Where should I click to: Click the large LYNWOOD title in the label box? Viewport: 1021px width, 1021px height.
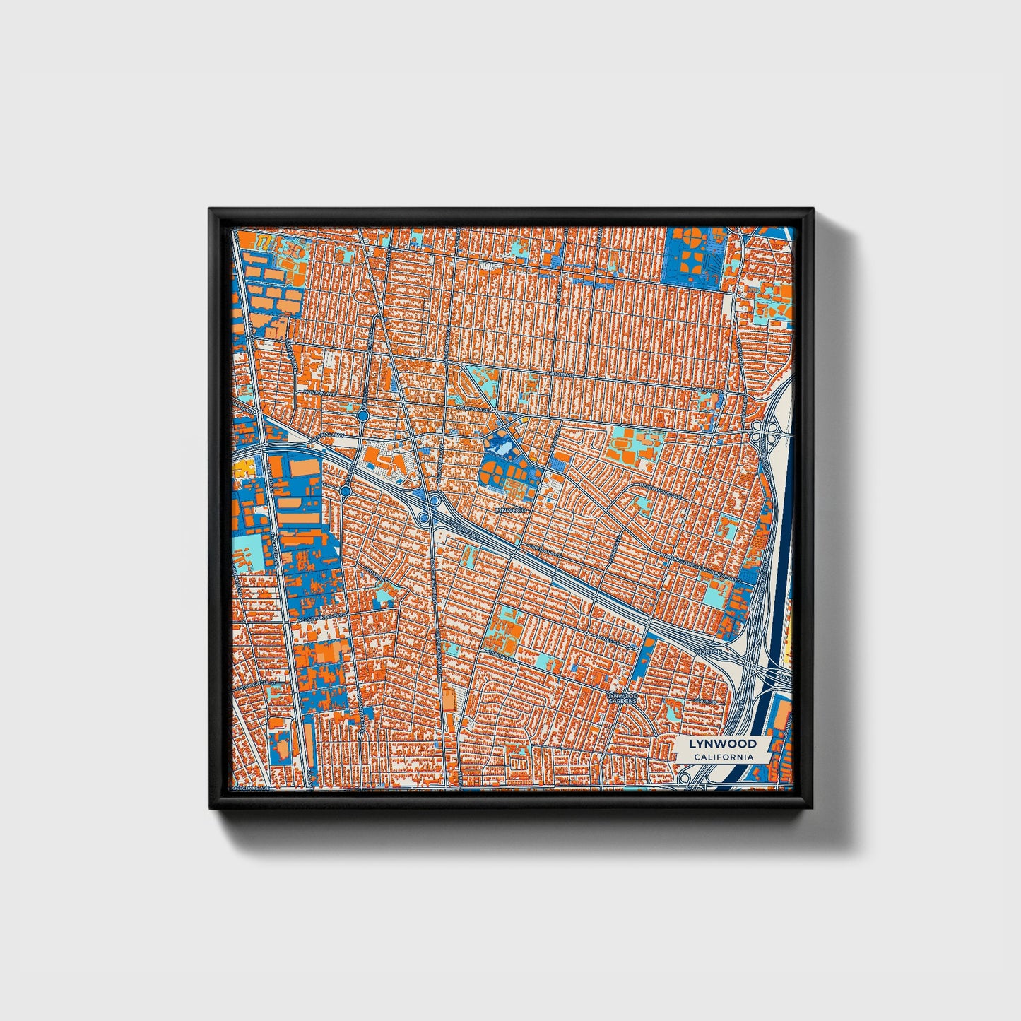[722, 743]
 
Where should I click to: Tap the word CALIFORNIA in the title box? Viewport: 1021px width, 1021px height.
[722, 757]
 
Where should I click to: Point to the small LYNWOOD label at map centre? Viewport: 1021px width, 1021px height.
[511, 509]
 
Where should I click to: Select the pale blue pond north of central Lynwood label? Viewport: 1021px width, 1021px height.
[503, 447]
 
